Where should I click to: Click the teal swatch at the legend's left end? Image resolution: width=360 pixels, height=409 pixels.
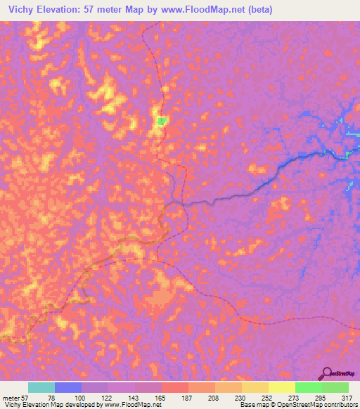point(41,387)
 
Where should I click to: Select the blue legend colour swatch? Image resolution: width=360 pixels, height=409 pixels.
point(68,387)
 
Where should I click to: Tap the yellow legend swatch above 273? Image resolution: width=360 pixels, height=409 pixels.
point(282,387)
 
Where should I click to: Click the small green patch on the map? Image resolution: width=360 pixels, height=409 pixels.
point(162,121)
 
